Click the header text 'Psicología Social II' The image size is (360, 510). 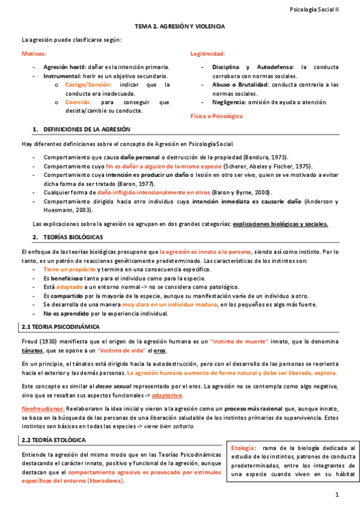(x=314, y=10)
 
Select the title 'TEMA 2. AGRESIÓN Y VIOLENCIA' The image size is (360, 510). (x=180, y=27)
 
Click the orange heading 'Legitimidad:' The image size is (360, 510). (x=208, y=54)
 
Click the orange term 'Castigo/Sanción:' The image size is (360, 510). (x=88, y=85)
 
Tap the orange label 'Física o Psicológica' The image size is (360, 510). (x=216, y=115)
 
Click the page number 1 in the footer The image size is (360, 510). (x=338, y=495)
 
